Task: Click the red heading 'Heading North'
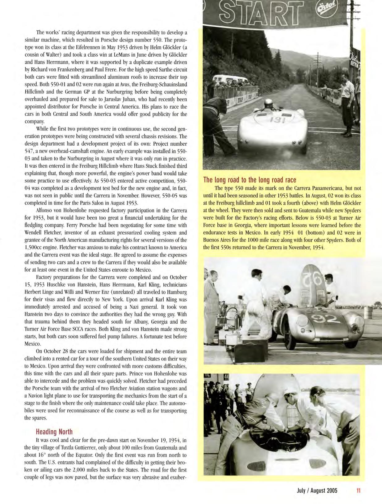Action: click(x=54, y=432)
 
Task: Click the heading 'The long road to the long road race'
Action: click(x=250, y=180)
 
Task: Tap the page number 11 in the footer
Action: click(x=359, y=490)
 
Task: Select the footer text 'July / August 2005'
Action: click(x=317, y=490)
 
